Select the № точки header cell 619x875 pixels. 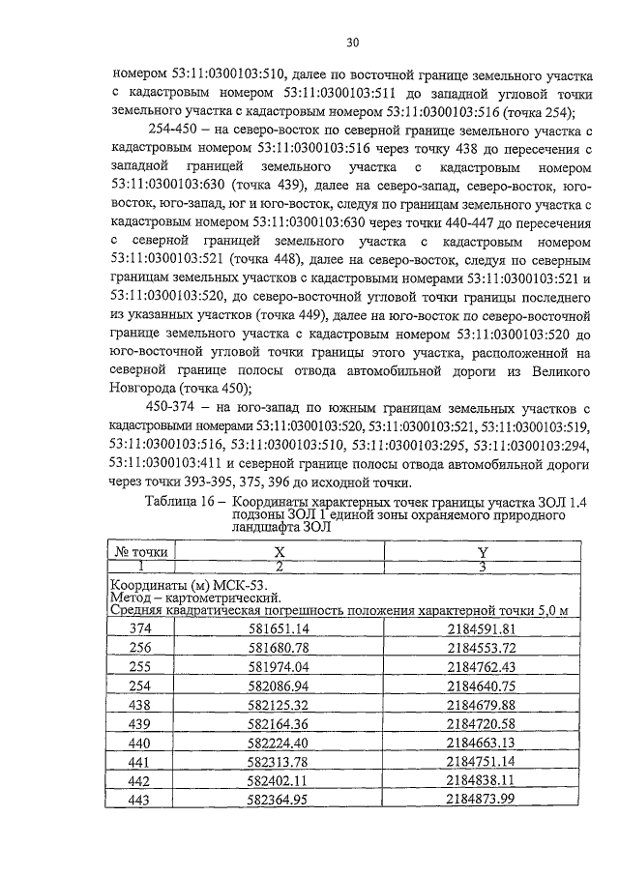[x=141, y=551]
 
